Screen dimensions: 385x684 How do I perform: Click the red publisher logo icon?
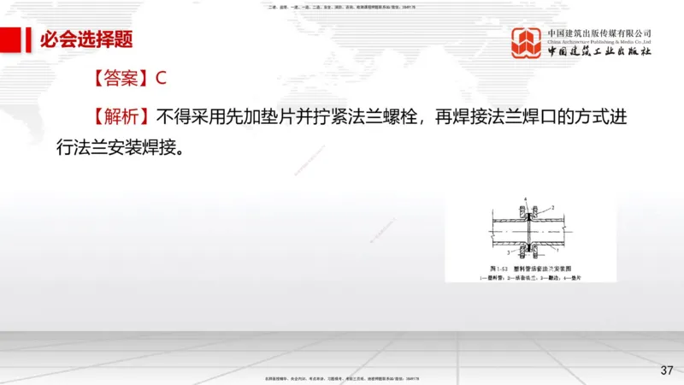[x=528, y=43]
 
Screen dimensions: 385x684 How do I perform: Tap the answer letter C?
[x=160, y=78]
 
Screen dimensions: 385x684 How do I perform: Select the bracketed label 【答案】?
[x=117, y=78]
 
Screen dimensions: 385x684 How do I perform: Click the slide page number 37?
[x=667, y=370]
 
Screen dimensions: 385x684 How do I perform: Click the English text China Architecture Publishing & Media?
[x=600, y=41]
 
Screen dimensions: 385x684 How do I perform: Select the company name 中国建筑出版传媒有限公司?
[x=600, y=33]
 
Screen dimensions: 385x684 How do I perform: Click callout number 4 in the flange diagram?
[x=526, y=199]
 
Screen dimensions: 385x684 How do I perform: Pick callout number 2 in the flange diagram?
[x=553, y=207]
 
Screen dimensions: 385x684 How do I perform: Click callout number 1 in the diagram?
[x=557, y=251]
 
